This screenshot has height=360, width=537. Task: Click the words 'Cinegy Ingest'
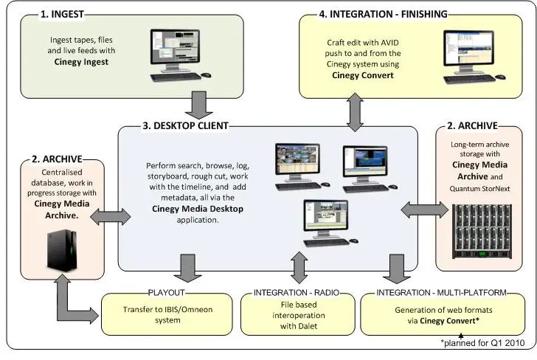click(80, 63)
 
